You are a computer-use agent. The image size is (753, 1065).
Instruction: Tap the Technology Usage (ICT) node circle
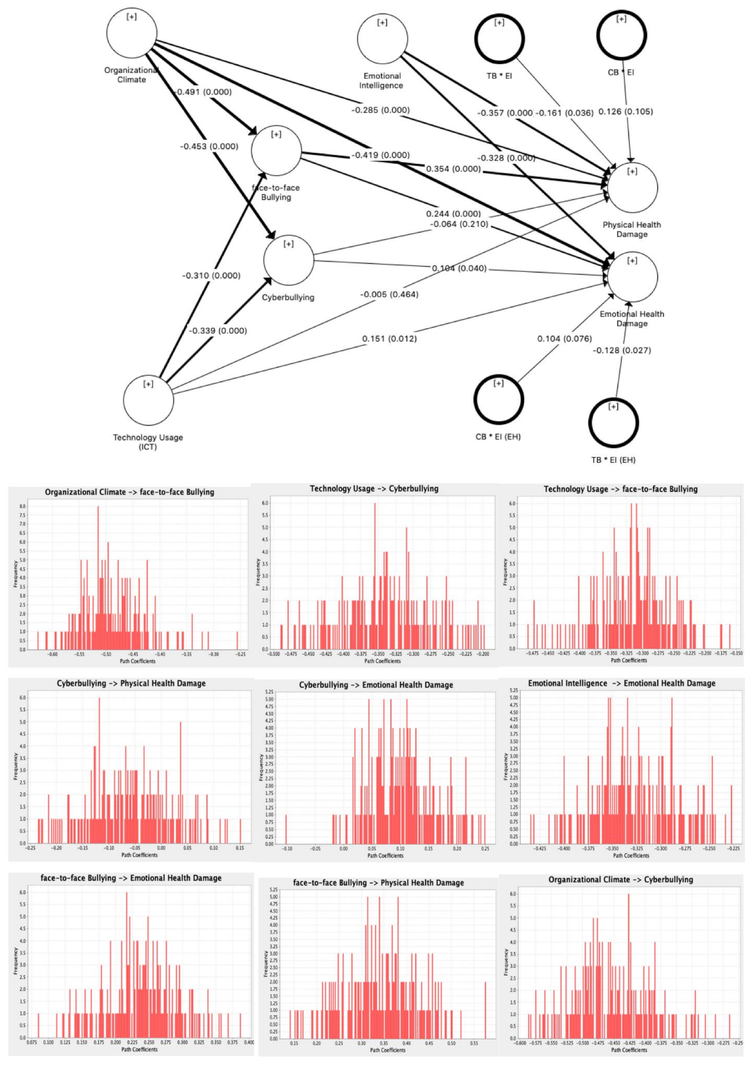click(x=148, y=400)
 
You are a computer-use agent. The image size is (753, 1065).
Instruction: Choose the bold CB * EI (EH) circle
click(x=499, y=399)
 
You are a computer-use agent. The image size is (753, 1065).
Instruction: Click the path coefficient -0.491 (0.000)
click(x=203, y=92)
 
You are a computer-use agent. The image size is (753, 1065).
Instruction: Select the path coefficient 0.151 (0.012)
click(x=389, y=339)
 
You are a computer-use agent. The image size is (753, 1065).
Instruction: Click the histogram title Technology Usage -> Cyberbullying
click(x=374, y=489)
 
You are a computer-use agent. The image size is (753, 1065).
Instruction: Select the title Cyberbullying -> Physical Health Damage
click(x=131, y=683)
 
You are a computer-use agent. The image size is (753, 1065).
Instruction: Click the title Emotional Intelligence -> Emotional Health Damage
click(x=622, y=683)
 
